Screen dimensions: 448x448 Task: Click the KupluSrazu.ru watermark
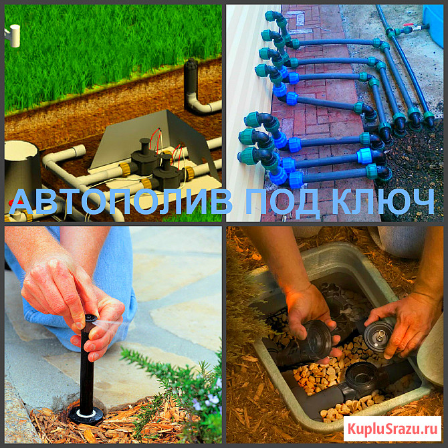393,429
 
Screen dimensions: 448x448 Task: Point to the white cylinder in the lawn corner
14,35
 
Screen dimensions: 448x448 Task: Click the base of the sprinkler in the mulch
86,415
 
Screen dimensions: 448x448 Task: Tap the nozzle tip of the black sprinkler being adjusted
91,318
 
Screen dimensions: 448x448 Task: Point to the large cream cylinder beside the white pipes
21,171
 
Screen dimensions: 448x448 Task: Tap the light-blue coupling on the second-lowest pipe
365,156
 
